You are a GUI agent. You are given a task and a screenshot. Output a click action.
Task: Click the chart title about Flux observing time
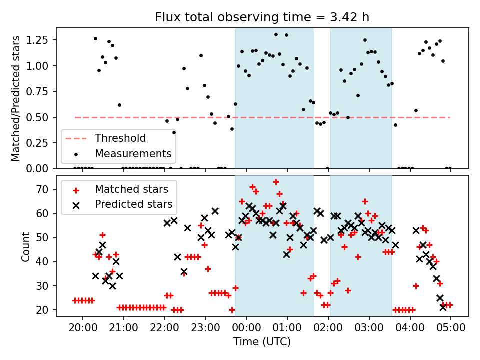pyautogui.click(x=262, y=17)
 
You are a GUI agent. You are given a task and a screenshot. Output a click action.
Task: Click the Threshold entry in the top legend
pyautogui.click(x=120, y=138)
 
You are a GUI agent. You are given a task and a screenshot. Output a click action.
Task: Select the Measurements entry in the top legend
pyautogui.click(x=133, y=153)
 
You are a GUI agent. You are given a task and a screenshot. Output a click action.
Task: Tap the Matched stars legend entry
pyautogui.click(x=131, y=189)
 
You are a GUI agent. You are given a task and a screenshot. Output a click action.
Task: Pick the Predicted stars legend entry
pyautogui.click(x=133, y=204)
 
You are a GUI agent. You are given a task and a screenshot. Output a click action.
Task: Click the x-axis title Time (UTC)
pyautogui.click(x=262, y=342)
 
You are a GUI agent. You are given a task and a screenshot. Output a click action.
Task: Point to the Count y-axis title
pyautogui.click(x=26, y=246)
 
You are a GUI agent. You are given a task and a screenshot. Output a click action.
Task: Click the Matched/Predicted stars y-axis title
pyautogui.click(x=16, y=98)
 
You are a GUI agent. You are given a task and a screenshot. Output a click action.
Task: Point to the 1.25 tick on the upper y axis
pyautogui.click(x=42, y=39)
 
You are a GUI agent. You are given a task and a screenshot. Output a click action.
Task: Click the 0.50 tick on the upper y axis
pyautogui.click(x=42, y=117)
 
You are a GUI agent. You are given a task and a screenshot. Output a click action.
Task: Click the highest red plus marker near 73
pyautogui.click(x=276, y=182)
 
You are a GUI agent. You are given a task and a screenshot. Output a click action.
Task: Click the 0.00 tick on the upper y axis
pyautogui.click(x=42, y=169)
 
